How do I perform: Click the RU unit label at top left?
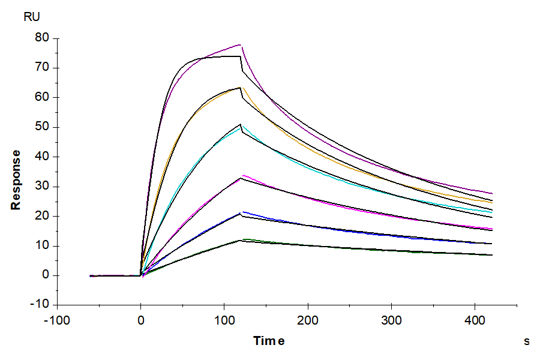(x=32, y=17)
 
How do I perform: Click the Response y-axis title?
(x=16, y=179)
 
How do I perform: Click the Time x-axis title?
(x=269, y=341)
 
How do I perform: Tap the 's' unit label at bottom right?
(x=527, y=341)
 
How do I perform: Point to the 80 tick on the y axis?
(x=43, y=38)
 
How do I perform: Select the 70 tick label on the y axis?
(x=43, y=68)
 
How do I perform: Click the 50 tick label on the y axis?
(x=43, y=127)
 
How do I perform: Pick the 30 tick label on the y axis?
(x=43, y=187)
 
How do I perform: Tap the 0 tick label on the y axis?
(x=46, y=275)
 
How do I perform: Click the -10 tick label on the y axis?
(x=41, y=305)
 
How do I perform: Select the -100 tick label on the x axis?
(x=57, y=320)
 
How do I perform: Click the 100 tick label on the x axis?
(x=224, y=320)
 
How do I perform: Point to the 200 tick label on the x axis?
(x=308, y=320)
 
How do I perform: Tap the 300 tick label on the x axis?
(x=391, y=320)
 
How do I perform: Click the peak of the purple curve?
(x=240, y=44)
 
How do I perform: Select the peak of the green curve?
(x=243, y=239)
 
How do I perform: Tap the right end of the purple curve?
(x=492, y=193)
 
